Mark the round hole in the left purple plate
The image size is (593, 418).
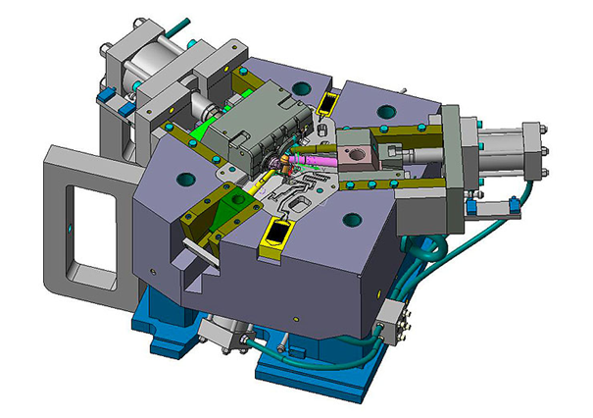pyautogui.click(x=185, y=180)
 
